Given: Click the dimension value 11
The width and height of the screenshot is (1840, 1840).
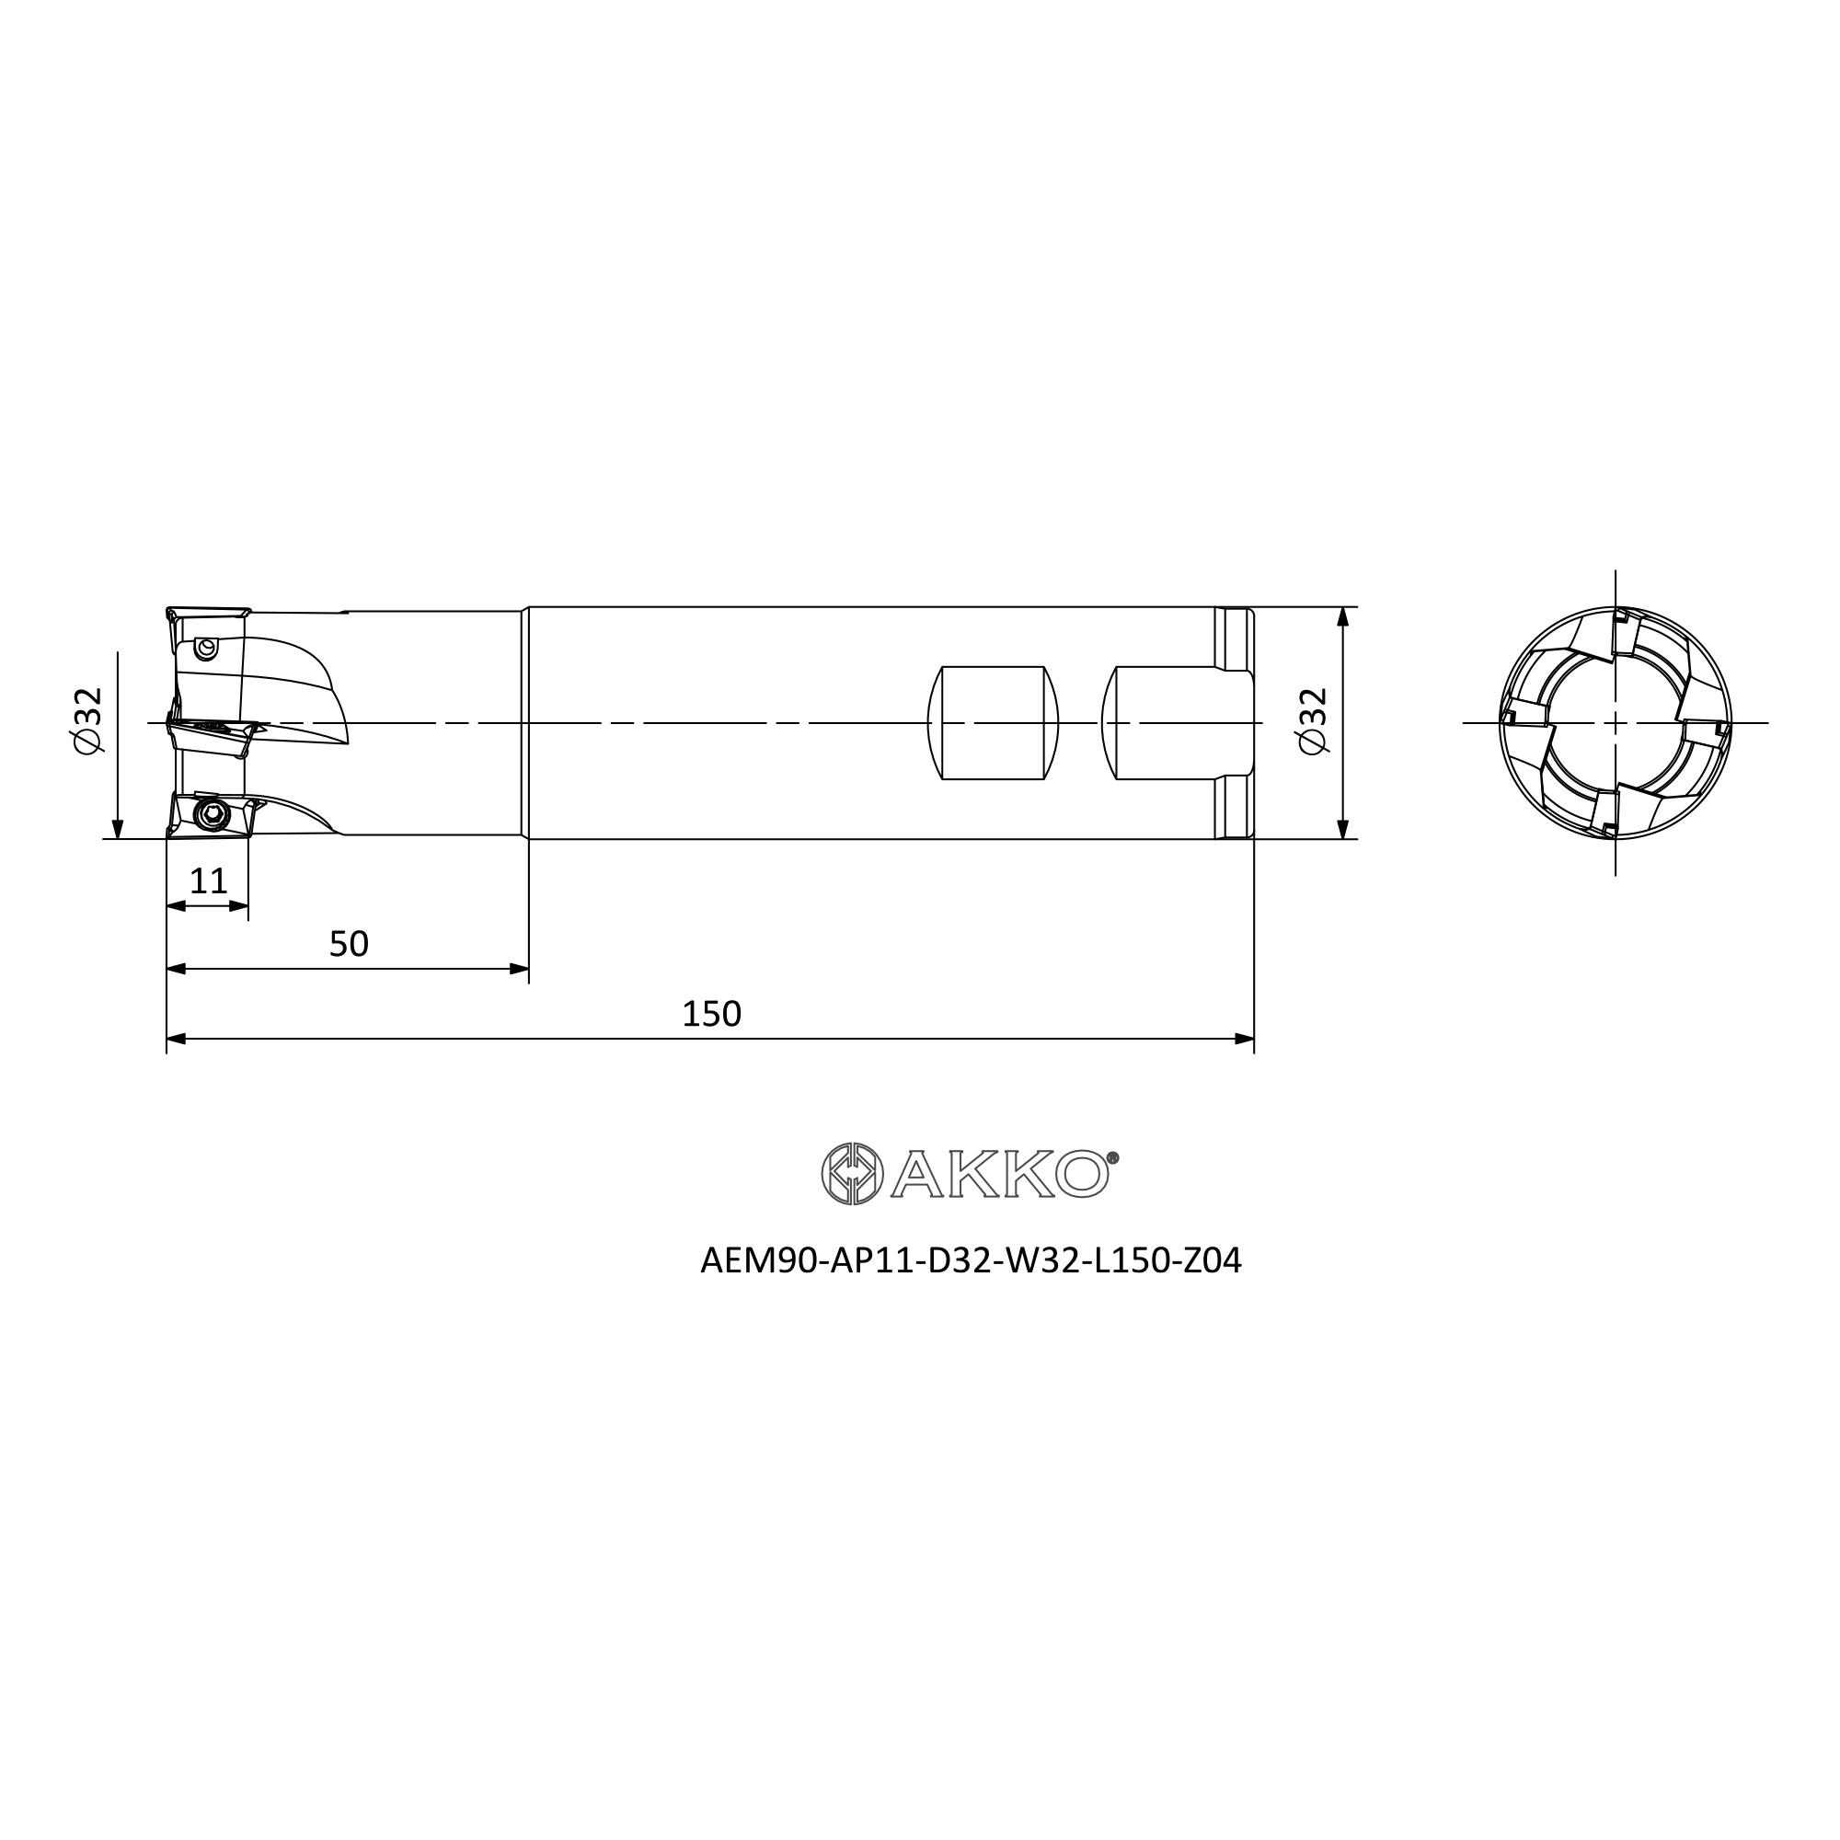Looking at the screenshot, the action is pos(209,881).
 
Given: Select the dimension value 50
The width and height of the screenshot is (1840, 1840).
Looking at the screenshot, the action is pos(349,944).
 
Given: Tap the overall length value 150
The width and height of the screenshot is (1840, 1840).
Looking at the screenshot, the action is pos(711,1014).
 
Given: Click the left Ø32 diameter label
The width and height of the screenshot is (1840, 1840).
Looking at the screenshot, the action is pos(88,721).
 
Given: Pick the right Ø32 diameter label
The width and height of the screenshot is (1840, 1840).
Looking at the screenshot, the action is pos(1314,721).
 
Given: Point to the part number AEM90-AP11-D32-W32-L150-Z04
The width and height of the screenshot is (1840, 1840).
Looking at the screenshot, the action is pos(971,1261).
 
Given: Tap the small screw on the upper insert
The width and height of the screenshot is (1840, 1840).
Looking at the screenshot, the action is pos(205,648).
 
